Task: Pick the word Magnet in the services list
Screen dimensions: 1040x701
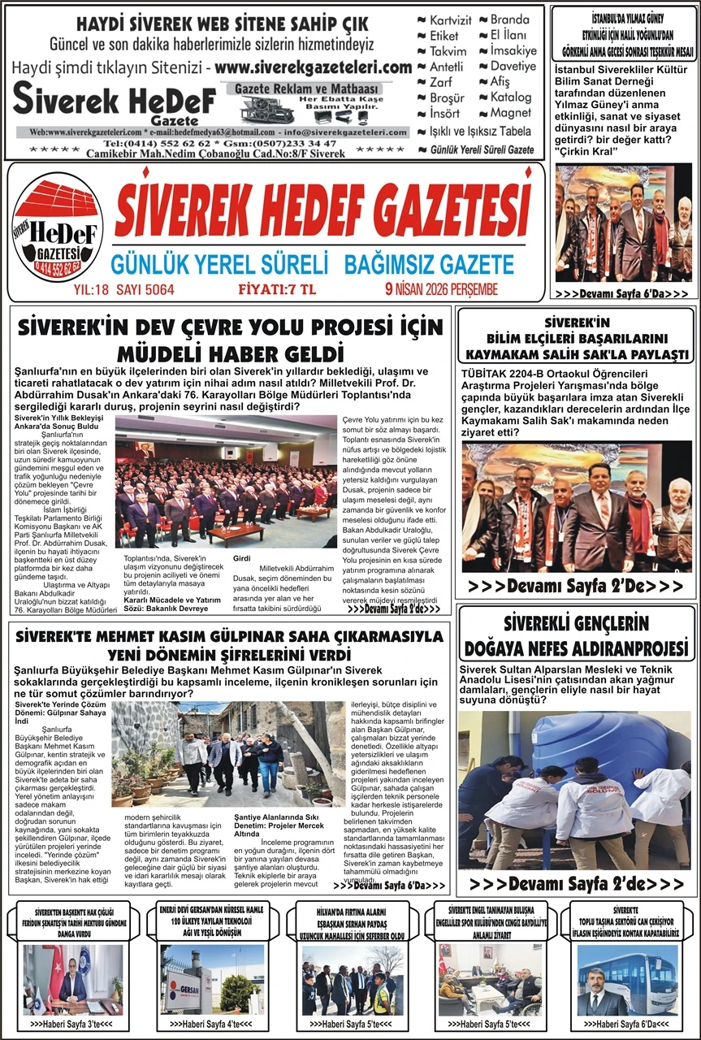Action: pos(510,113)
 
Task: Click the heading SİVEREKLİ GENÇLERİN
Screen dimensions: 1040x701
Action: pos(576,624)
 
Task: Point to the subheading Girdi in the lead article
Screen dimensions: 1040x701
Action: pos(241,559)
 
